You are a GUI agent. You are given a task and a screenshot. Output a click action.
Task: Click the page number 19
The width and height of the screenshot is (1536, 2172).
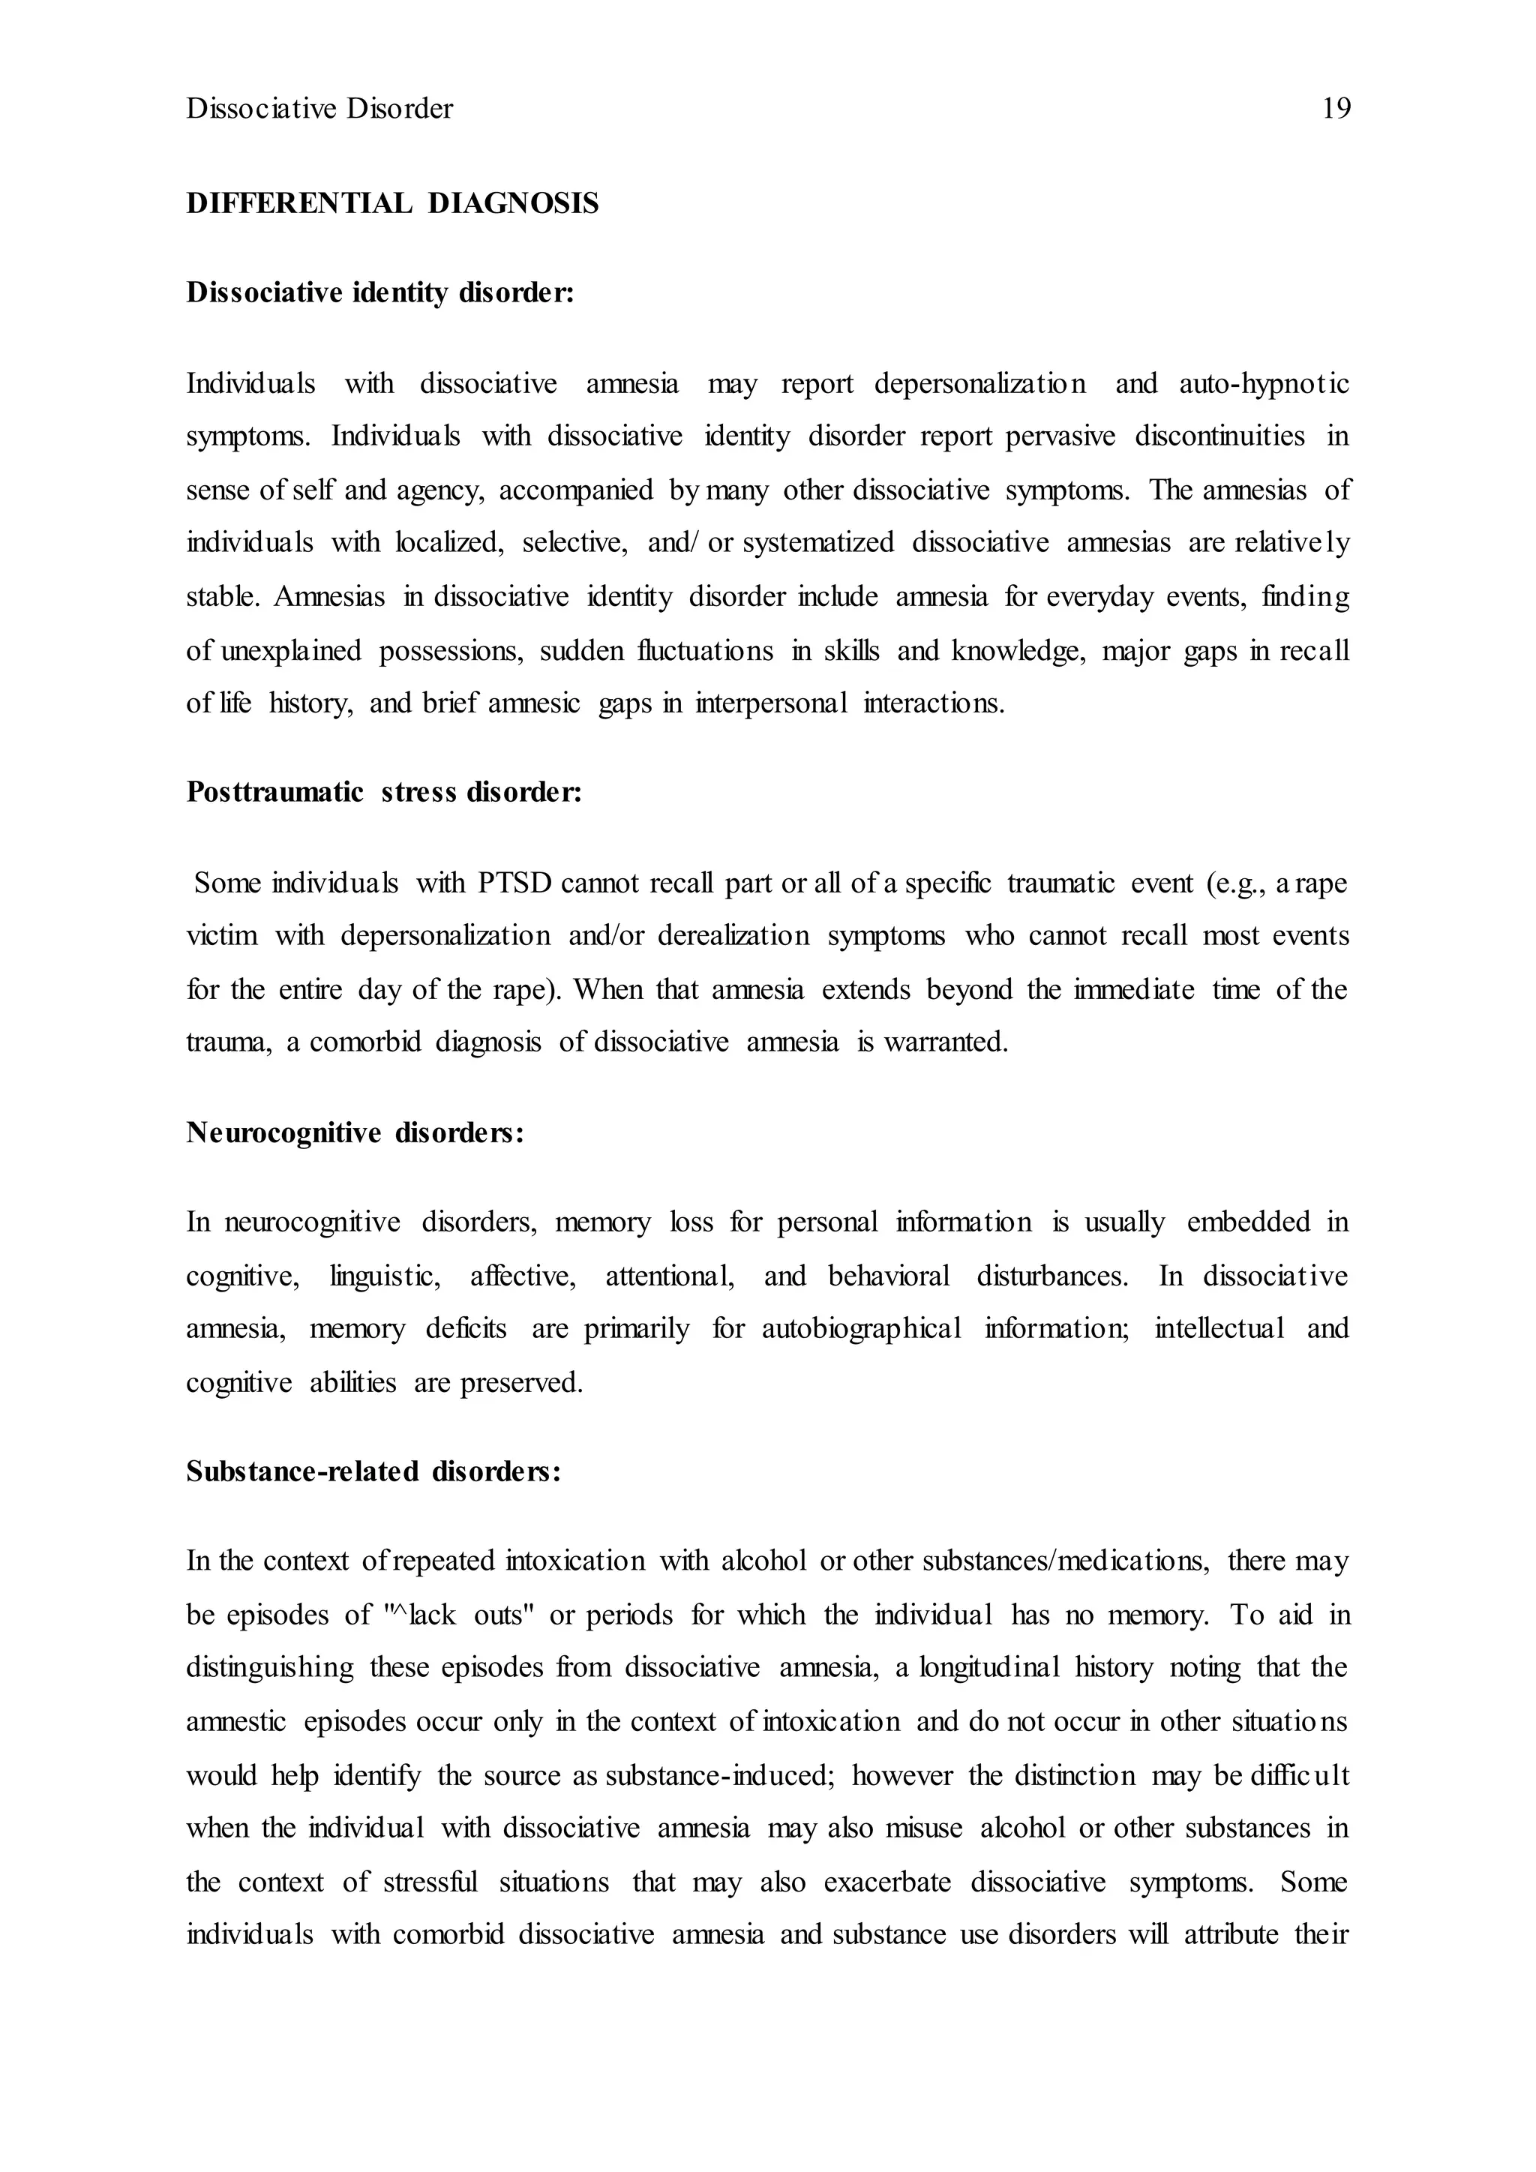tap(1336, 109)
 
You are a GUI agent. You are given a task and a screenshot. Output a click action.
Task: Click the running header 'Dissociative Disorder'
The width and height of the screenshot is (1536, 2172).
tap(319, 109)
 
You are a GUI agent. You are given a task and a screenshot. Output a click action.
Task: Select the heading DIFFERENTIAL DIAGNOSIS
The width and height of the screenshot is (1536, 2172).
tap(392, 203)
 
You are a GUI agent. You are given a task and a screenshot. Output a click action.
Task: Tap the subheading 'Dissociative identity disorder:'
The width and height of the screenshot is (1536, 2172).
tap(380, 293)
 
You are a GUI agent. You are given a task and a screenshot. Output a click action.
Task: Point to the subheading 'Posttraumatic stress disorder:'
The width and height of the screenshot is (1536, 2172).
tap(384, 792)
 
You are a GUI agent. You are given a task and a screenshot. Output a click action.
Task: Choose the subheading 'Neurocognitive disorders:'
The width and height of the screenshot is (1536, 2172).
tap(355, 1132)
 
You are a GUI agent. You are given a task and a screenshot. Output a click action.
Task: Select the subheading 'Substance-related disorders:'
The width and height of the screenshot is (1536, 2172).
tap(373, 1472)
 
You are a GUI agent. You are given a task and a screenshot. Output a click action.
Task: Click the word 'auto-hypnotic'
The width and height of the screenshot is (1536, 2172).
tap(1264, 384)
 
